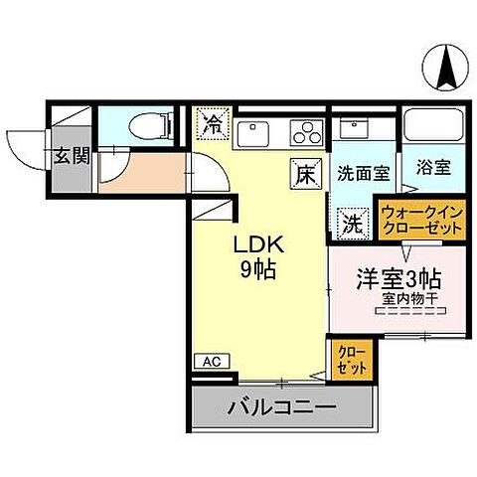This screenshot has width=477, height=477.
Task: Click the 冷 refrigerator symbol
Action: [x=213, y=125]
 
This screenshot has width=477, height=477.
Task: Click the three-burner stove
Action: [x=306, y=132]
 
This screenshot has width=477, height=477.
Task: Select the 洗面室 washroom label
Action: [x=362, y=170]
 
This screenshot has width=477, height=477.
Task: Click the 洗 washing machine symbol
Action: [x=351, y=222]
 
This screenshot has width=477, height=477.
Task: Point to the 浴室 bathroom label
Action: [x=434, y=168]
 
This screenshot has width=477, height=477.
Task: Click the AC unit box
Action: [x=212, y=362]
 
